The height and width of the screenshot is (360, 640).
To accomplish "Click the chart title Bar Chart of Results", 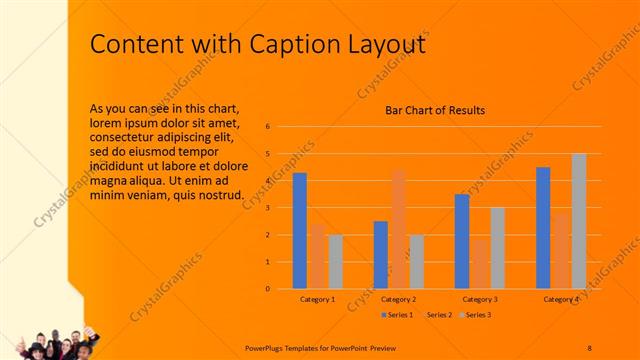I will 435,111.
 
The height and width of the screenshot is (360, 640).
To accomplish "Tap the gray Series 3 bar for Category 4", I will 579,221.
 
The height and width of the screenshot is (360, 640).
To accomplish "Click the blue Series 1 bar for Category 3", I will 461,241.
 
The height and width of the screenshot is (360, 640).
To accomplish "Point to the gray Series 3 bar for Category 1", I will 335,262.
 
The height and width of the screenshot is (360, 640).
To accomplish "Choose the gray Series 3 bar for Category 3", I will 497,248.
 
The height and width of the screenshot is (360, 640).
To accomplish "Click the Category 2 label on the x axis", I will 398,299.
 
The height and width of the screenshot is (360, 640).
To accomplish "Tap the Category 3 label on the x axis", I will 479,299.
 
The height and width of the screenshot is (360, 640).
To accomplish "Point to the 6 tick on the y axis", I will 268,127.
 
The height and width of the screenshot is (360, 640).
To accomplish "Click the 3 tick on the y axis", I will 268,208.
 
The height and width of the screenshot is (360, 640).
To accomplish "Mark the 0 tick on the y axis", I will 268,289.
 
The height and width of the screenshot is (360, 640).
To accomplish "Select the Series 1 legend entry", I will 400,315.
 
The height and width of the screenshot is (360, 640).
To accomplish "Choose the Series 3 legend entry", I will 477,315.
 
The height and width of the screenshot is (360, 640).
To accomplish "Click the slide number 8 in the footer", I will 589,347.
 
